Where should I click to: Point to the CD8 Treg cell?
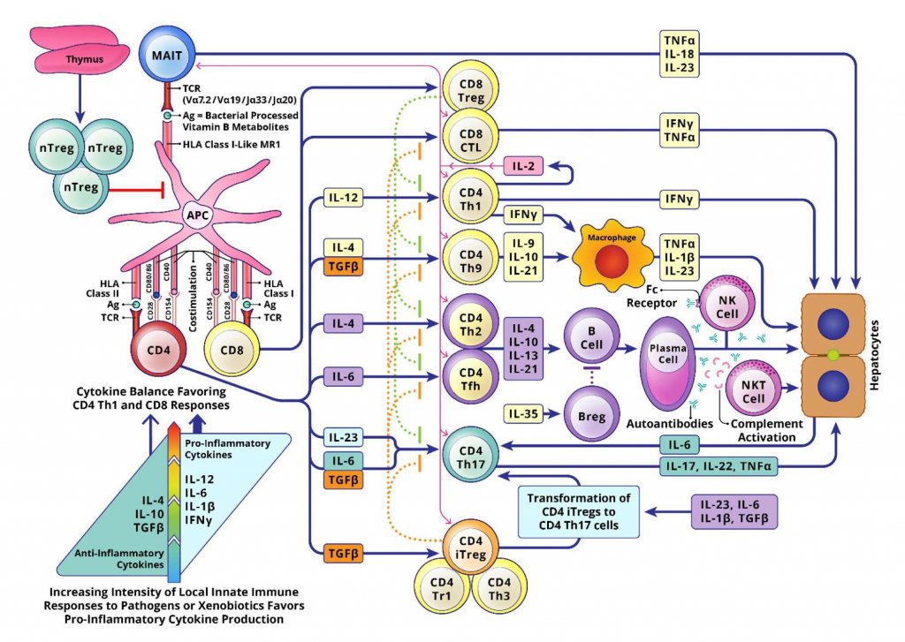coord(471,89)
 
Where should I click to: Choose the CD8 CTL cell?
coord(471,139)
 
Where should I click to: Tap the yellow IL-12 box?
coord(341,198)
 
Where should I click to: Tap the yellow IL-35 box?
coord(523,412)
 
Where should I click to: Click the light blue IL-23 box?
coord(341,436)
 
